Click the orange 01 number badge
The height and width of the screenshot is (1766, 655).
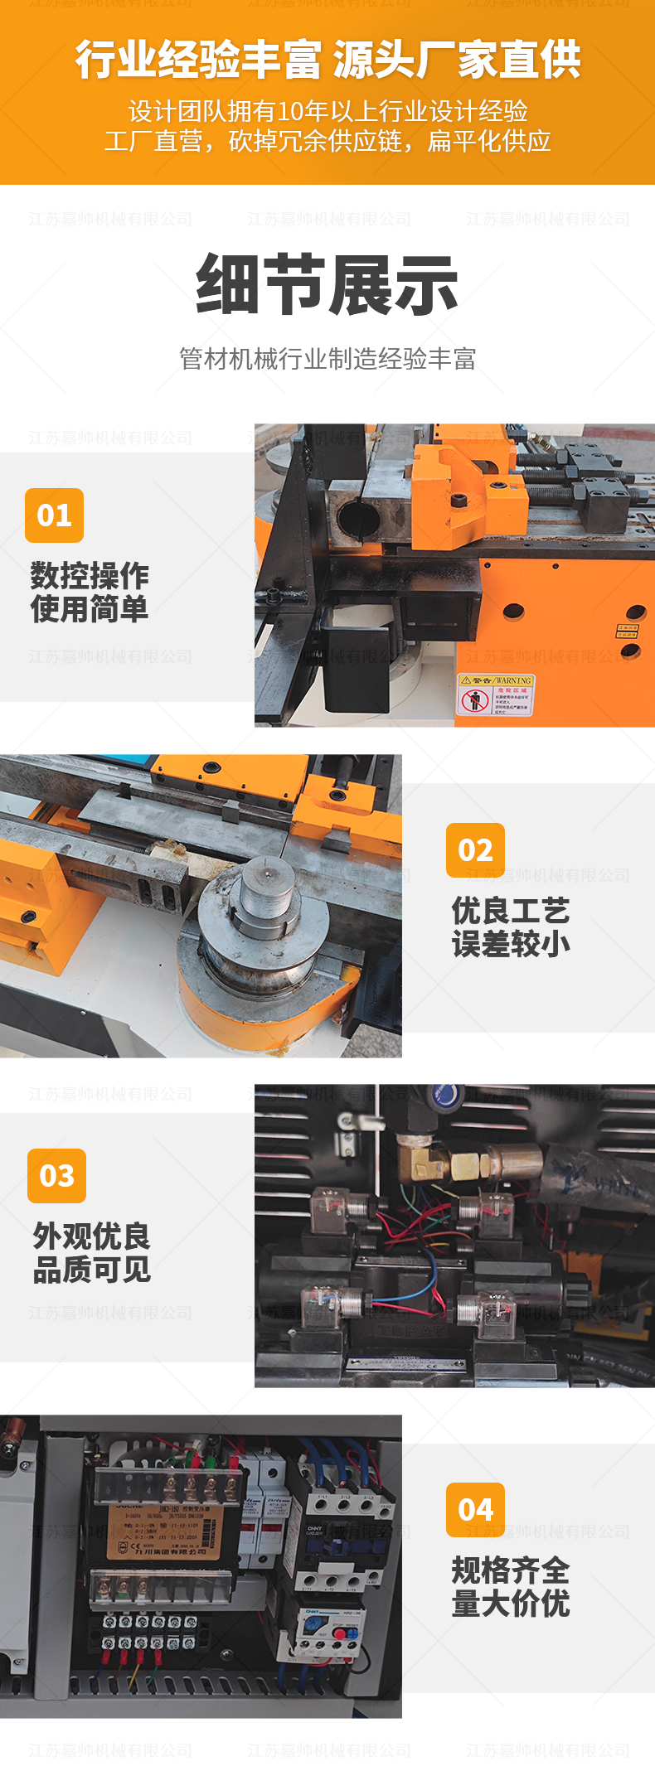point(55,515)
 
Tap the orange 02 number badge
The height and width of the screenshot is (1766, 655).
point(475,850)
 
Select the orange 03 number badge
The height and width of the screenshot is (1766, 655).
point(56,1176)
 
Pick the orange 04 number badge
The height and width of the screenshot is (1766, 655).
point(475,1510)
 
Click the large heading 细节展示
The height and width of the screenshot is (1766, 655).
point(327,284)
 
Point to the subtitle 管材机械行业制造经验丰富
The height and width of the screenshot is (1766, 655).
point(327,359)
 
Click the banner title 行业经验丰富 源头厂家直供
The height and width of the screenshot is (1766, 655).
point(327,60)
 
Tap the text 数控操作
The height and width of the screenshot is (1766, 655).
point(90,575)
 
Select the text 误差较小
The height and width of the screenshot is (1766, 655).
point(511,943)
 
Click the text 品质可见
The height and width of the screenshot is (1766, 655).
point(91,1269)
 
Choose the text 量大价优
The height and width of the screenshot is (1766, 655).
point(511,1604)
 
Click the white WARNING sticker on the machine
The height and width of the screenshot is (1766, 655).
point(496,694)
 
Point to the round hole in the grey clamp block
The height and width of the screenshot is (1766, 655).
point(358,520)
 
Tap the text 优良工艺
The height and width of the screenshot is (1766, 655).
point(511,910)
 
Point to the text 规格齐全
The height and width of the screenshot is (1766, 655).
point(511,1570)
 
